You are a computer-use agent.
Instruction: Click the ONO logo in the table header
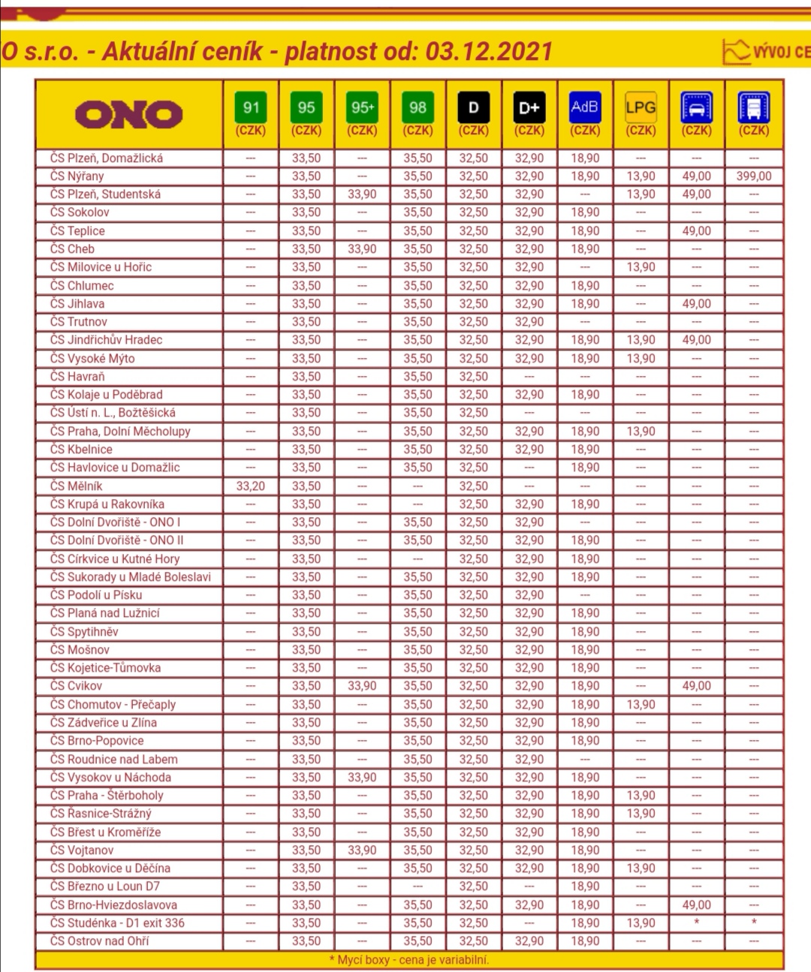(x=128, y=114)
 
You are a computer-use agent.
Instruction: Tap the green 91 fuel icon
(x=251, y=107)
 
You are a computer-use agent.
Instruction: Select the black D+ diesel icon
(x=529, y=107)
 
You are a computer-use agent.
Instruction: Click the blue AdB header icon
(x=585, y=107)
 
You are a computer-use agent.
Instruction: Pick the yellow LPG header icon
(x=641, y=107)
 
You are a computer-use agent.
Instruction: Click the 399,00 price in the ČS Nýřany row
(x=753, y=176)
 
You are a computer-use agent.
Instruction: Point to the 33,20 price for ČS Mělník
(x=251, y=486)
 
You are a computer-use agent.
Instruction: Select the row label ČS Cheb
(x=72, y=249)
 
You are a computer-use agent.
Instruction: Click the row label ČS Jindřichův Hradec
(x=106, y=340)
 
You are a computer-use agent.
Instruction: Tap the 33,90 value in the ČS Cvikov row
(x=362, y=686)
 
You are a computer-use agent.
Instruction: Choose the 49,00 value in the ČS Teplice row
(x=696, y=231)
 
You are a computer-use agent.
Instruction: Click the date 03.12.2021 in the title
(x=489, y=52)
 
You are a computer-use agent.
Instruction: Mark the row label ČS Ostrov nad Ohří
(x=99, y=941)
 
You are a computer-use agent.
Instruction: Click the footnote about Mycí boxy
(x=409, y=960)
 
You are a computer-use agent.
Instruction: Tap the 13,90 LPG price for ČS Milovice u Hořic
(x=641, y=267)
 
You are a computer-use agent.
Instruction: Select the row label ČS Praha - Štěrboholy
(x=107, y=796)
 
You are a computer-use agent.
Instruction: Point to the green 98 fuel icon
(x=418, y=107)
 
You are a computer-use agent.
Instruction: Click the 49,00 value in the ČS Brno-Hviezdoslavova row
(x=696, y=905)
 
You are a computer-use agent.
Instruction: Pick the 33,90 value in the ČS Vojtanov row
(x=362, y=850)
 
